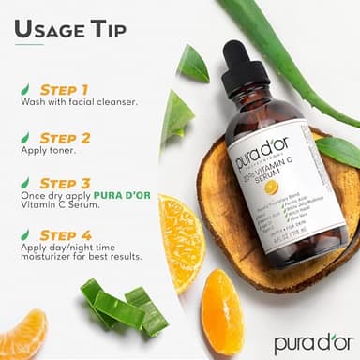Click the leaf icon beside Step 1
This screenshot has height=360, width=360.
[x=24, y=89]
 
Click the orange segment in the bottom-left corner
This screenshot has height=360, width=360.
[x=21, y=334]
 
